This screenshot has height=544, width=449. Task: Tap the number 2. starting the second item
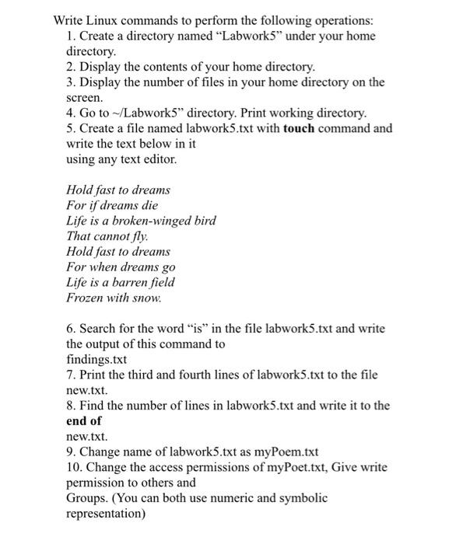pos(72,68)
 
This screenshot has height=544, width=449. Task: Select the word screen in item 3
pos(84,98)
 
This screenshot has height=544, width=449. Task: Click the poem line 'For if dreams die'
pos(111,205)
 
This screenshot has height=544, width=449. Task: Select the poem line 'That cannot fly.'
pos(107,235)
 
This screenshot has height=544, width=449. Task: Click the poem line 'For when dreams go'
pos(121,267)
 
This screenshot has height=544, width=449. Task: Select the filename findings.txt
pos(97,359)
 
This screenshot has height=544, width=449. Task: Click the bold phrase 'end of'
pos(84,420)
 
